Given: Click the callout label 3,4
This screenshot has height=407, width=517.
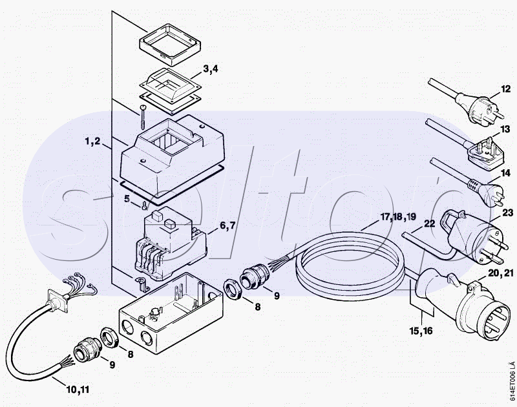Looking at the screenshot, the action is [x=211, y=70].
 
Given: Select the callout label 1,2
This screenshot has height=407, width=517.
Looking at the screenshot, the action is [x=92, y=141].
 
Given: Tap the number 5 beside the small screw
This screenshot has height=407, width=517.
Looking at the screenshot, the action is [x=127, y=199].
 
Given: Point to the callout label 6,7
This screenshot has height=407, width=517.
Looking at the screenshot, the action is [x=227, y=225].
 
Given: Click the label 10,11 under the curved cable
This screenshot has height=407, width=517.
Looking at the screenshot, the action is [x=78, y=390].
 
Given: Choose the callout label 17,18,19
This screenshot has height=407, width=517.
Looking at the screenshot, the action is [x=398, y=217].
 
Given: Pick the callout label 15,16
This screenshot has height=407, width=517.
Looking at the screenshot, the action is [x=421, y=331].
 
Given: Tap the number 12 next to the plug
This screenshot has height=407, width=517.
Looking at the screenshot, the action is [x=506, y=89].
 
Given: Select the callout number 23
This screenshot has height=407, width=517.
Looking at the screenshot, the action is [x=508, y=213].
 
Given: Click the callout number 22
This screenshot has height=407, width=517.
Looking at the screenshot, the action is [x=429, y=224].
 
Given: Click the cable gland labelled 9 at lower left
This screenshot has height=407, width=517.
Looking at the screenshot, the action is [x=85, y=348].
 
